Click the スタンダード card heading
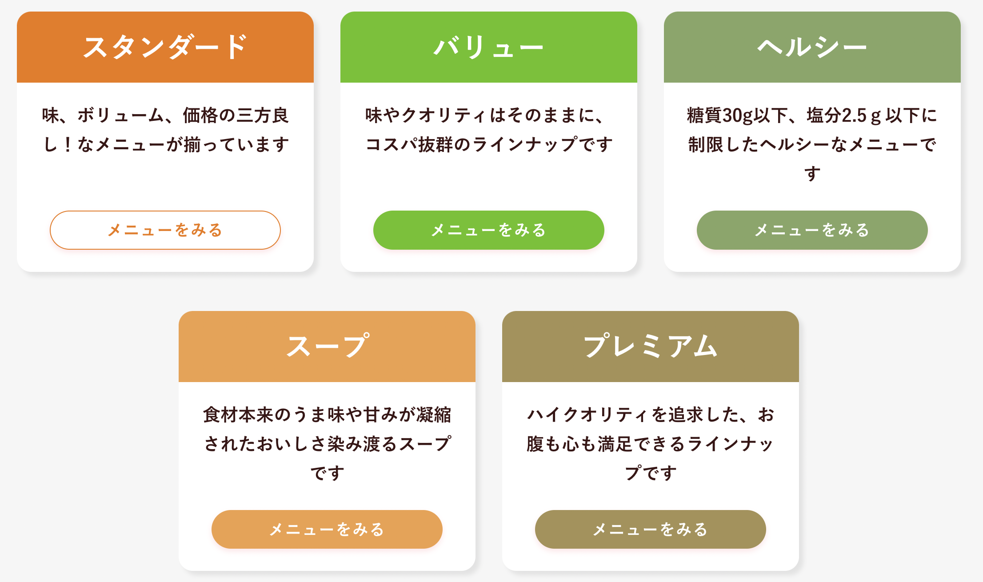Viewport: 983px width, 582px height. (165, 47)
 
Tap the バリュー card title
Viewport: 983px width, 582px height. (488, 47)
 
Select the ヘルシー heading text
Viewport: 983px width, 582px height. (812, 47)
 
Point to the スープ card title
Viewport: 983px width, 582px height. (327, 346)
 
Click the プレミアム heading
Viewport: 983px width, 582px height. (650, 346)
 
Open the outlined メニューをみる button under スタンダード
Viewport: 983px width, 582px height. (165, 230)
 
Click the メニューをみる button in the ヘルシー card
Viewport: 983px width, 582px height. (812, 230)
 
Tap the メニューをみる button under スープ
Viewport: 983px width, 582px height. (327, 529)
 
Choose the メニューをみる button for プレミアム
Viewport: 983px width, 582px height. (650, 529)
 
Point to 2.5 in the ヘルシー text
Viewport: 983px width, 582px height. (854, 116)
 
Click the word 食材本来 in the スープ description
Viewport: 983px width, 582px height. (238, 415)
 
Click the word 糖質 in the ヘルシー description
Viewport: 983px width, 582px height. (704, 116)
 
